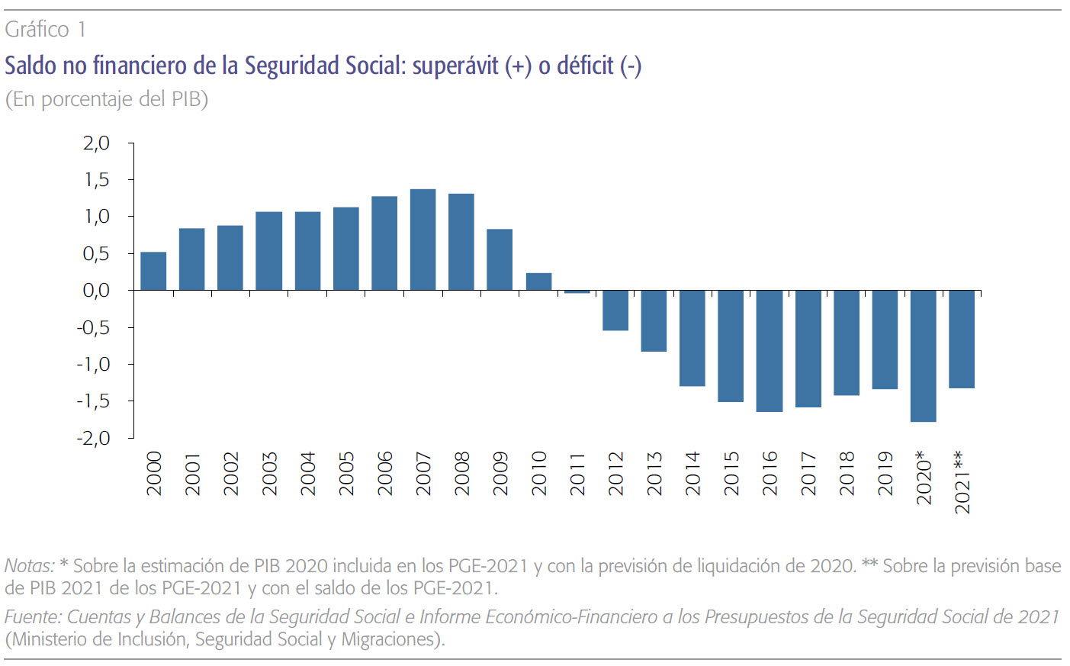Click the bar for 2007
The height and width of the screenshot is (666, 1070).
coord(423,240)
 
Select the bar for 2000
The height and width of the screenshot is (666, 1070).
coord(153,271)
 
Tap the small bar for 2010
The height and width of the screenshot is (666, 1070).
coord(538,282)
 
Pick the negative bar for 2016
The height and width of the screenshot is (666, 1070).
coord(770,351)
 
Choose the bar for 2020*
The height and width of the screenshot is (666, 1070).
coord(923,356)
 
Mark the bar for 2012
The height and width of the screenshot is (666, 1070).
coord(615,310)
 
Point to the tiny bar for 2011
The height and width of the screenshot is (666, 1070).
coord(577,291)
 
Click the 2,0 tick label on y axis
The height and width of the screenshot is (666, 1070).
coord(96,143)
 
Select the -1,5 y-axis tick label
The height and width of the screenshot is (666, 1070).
coord(93,401)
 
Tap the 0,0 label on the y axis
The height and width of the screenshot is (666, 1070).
coord(96,291)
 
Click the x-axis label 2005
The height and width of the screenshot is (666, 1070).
coord(346,474)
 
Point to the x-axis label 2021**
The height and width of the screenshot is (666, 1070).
coord(962,482)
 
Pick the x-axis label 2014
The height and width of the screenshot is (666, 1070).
coord(692,474)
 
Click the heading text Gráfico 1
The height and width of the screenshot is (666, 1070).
coord(45,30)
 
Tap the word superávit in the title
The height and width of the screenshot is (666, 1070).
coord(455,66)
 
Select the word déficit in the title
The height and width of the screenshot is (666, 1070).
coord(585,66)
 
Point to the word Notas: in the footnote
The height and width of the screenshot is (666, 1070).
coord(30,566)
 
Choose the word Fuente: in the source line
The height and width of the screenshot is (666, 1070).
coord(33,617)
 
